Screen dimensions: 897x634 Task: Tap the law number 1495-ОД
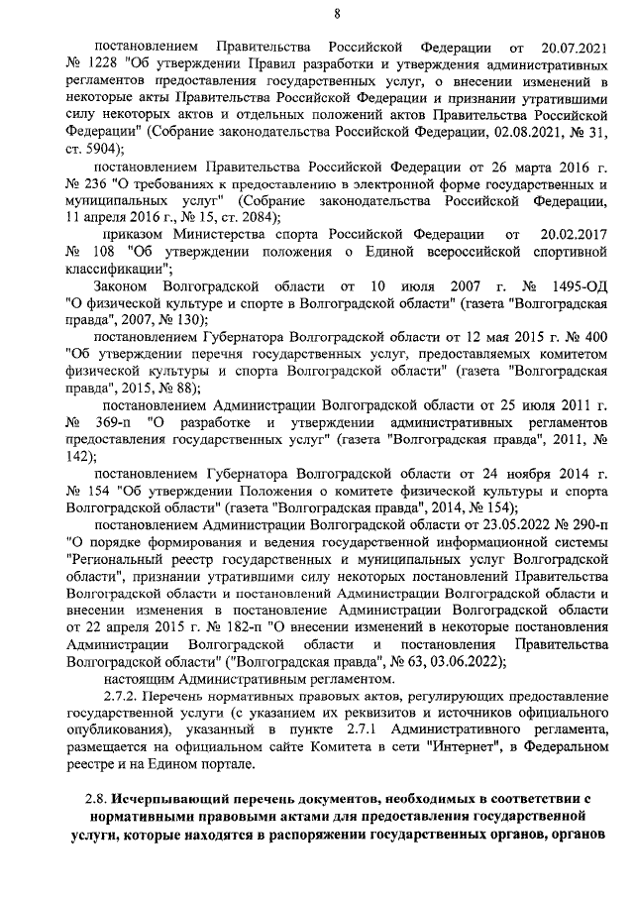(x=571, y=286)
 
